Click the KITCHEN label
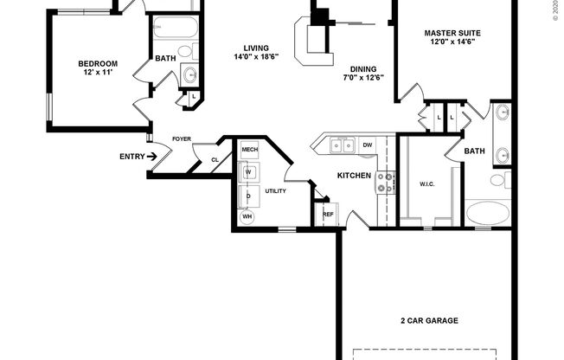click(x=354, y=176)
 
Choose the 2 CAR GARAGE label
click(x=430, y=320)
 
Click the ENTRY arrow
click(x=152, y=157)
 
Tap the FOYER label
click(x=182, y=138)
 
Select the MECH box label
click(x=250, y=151)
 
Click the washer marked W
click(x=248, y=172)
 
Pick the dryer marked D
click(x=248, y=196)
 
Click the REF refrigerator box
click(x=328, y=214)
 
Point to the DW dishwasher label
click(x=368, y=145)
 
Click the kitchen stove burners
click(x=385, y=182)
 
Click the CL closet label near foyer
click(x=215, y=159)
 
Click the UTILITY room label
click(x=275, y=190)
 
